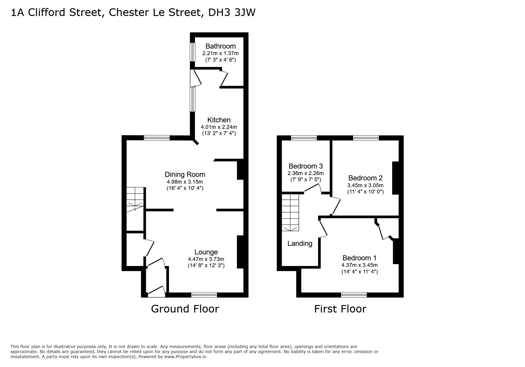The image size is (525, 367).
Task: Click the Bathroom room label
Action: pos(221,46)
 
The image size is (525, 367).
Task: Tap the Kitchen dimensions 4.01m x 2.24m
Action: pos(219,127)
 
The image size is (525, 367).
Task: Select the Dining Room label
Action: pos(185,175)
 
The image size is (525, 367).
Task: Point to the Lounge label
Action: pos(206,252)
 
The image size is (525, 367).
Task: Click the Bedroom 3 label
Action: pos(306,166)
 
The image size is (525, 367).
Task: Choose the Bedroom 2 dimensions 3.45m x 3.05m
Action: pos(366,185)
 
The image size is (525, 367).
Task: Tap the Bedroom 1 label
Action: pos(360,258)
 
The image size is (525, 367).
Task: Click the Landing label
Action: pos(300,243)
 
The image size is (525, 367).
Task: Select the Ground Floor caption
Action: pos(185,309)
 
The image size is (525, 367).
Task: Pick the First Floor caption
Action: pos(340,309)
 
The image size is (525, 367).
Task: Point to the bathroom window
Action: pos(193,52)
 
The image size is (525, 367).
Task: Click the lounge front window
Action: pos(204,295)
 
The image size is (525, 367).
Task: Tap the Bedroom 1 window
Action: pos(354,295)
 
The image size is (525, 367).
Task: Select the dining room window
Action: pos(157,138)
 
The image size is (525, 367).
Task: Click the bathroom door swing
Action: pos(224,77)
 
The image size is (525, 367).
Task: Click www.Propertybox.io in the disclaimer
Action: pos(185,357)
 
